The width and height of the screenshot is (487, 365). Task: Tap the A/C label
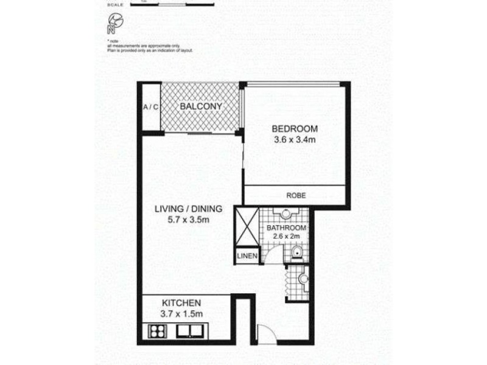coord(150,108)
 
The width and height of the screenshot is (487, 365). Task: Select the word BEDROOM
coord(295,129)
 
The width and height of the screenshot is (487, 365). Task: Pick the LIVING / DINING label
coord(187,209)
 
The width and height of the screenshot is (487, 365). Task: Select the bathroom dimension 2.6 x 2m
coord(286,238)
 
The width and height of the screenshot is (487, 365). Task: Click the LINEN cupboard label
coord(247,256)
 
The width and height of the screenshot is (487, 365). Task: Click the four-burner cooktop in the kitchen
coord(158,332)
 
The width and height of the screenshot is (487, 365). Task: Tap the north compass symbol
coord(113,23)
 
